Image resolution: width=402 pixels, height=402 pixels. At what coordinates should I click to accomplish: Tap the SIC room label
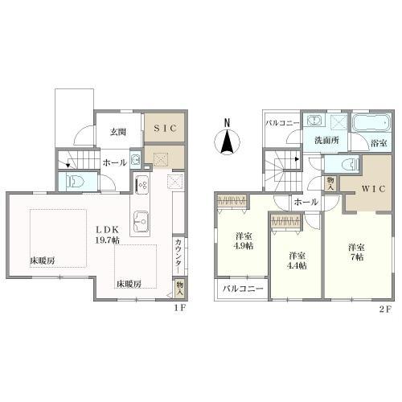(166, 128)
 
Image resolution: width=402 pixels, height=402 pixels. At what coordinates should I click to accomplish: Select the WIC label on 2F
(373, 189)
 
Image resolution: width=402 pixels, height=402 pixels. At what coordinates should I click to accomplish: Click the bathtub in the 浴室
(371, 123)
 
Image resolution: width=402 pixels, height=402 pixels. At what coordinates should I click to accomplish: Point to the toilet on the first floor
(76, 181)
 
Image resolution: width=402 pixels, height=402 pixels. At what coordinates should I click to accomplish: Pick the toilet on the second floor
(351, 163)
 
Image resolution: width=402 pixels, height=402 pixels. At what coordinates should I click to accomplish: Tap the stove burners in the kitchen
(142, 184)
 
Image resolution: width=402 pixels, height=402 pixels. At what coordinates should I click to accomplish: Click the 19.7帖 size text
(108, 240)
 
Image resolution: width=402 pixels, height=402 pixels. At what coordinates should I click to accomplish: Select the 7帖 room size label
(357, 257)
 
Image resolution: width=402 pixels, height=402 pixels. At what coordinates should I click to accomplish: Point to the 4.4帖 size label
(297, 265)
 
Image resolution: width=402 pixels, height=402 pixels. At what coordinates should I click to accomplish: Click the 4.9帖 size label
(243, 245)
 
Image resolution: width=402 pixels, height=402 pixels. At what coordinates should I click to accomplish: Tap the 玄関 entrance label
(118, 132)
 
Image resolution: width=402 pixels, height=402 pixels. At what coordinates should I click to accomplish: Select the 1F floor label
(179, 308)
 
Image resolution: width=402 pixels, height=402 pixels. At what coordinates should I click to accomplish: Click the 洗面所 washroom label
(326, 140)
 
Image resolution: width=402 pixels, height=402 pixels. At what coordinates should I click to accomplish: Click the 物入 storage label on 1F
(179, 289)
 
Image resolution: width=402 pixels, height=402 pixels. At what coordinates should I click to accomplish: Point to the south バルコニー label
(243, 289)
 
